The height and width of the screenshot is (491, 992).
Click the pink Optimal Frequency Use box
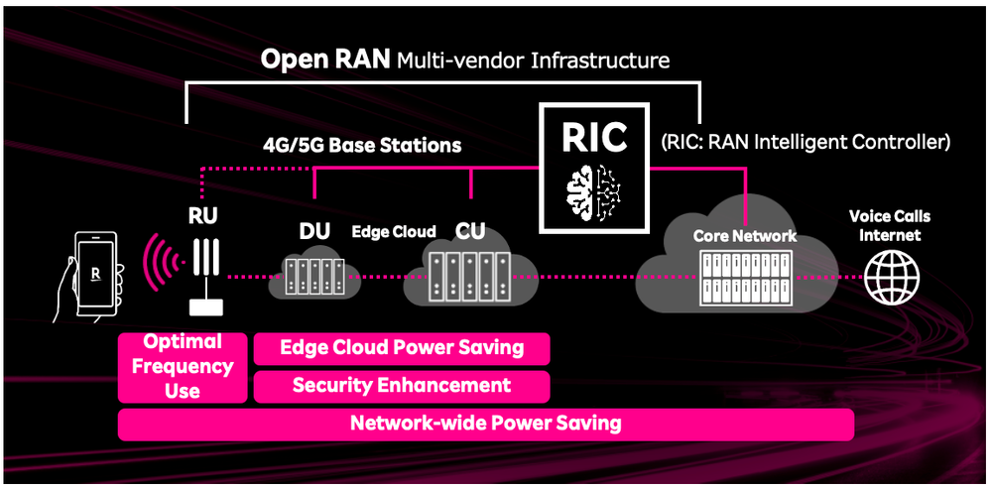coord(182,367)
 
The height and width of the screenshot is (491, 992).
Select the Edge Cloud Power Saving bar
coord(401,347)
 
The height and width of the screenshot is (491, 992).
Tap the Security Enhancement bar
coord(401,386)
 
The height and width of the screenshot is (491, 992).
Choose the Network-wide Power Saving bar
coord(485,424)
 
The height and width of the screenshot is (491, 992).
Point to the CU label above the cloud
coord(470,231)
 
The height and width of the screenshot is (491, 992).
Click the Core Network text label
coord(744,236)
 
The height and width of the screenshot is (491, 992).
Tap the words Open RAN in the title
coord(325,60)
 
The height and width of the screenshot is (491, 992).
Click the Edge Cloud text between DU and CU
coord(394,231)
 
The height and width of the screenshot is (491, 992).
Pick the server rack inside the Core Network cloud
coord(746,278)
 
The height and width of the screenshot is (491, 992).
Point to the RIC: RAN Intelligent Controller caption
coord(805,142)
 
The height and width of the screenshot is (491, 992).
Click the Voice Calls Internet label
coord(890,225)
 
